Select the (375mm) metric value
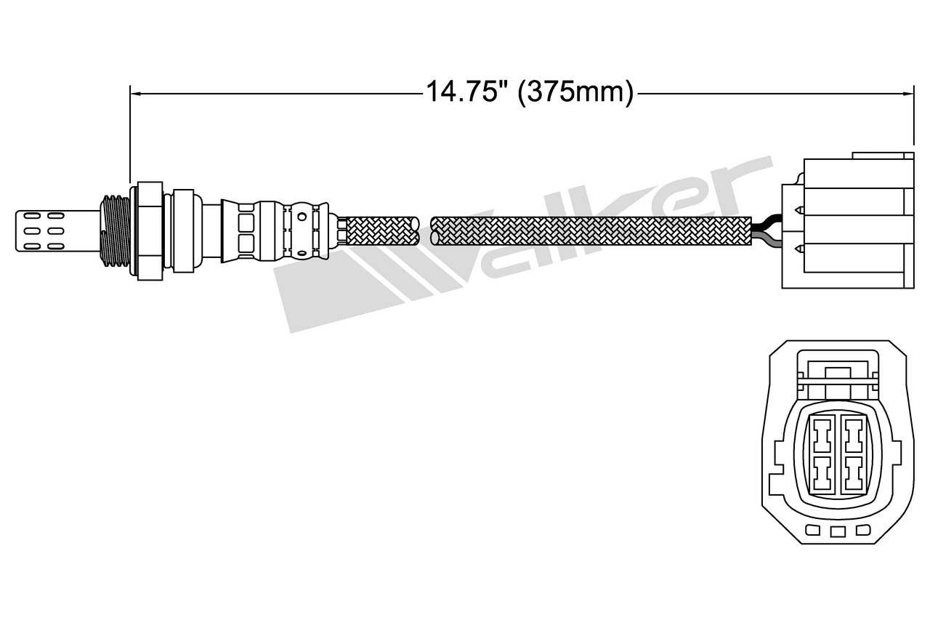[575, 93]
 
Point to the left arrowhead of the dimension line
[134, 93]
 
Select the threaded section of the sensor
[114, 230]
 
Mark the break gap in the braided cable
[425, 230]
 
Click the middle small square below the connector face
[838, 531]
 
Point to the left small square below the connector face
[813, 531]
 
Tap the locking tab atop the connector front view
[837, 374]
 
